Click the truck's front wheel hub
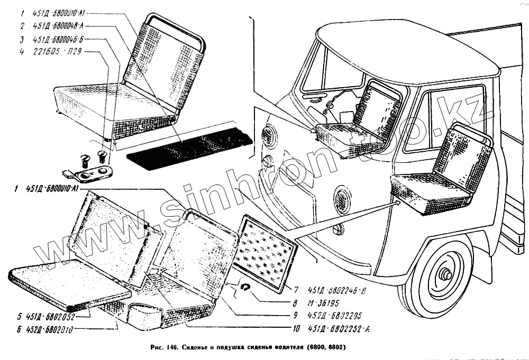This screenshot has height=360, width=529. (443, 275)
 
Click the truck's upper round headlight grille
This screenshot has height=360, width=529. (270, 136)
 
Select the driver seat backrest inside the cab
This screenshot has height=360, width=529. (377, 108)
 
